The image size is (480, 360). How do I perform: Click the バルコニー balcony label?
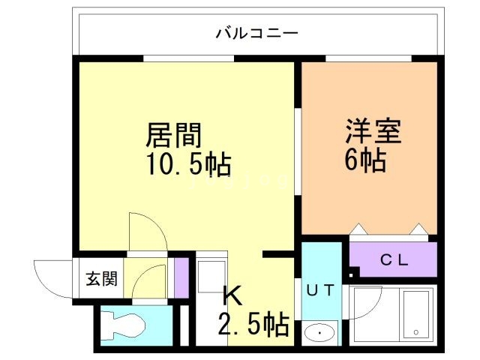(x=257, y=33)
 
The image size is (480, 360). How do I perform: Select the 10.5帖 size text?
(x=187, y=163)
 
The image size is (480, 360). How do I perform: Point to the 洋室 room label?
(x=373, y=131)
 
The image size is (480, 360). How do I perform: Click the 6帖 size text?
(x=366, y=159)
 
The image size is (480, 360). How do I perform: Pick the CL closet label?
(x=392, y=260)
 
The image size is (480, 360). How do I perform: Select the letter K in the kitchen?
(x=232, y=296)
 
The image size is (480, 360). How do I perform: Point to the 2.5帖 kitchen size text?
(x=253, y=325)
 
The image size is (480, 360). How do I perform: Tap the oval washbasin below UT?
(x=322, y=331)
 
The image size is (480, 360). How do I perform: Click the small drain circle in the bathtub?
(x=415, y=331)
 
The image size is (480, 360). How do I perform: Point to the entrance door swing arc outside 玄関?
(x=52, y=278)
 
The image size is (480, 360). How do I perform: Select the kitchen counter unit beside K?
(x=211, y=300)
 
